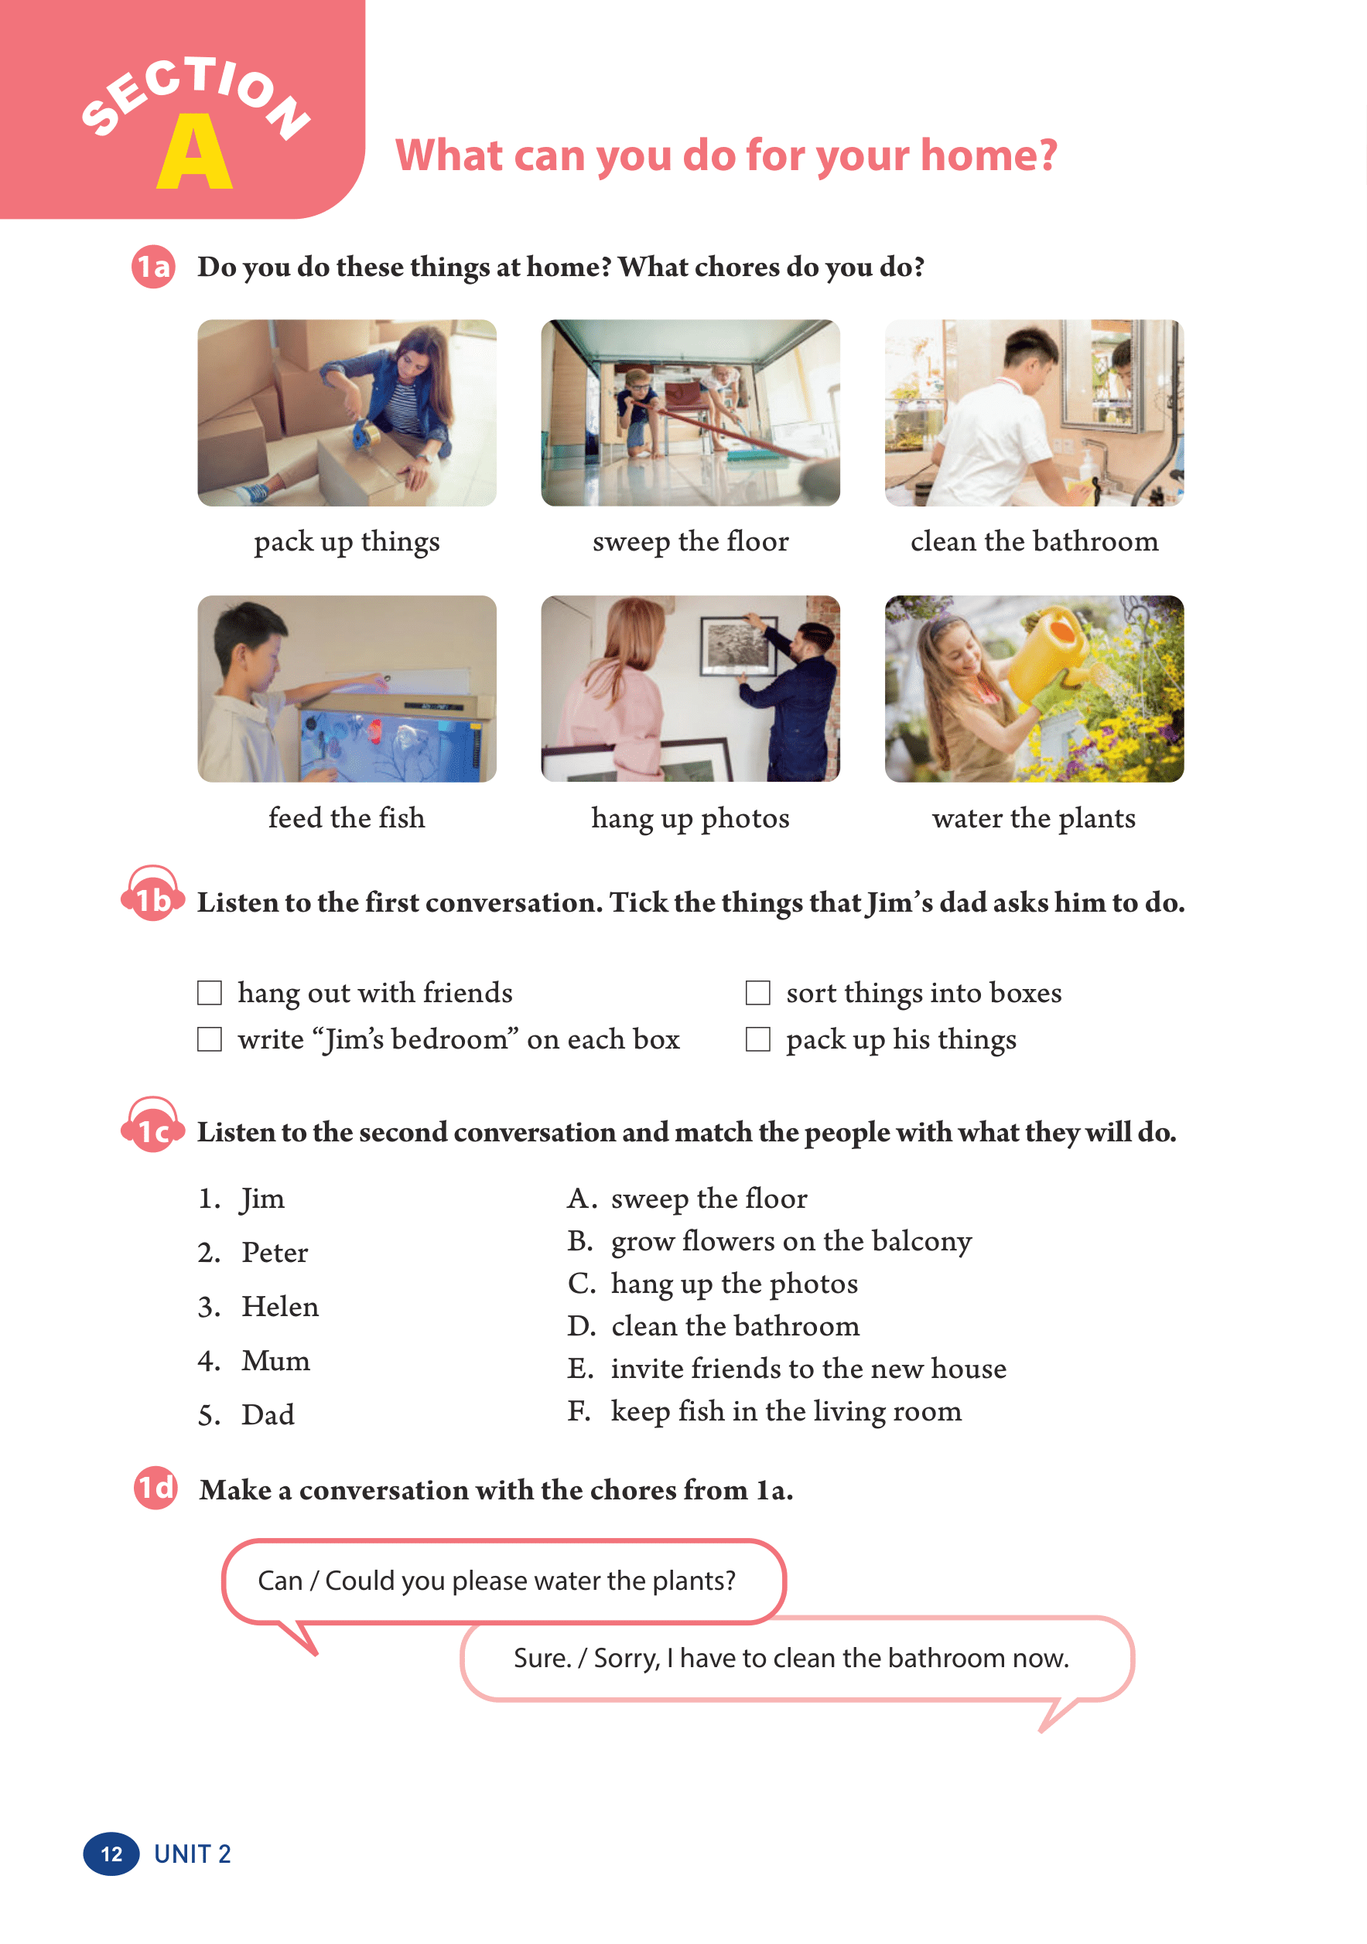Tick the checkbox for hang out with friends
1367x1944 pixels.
pos(209,992)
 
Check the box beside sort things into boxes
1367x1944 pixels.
pos(757,992)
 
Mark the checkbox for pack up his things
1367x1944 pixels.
pos(757,1039)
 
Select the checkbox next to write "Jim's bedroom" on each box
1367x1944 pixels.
pos(209,1039)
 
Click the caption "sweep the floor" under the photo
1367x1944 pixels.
pos(690,541)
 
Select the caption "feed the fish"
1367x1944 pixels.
pos(347,818)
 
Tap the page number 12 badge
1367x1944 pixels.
pos(111,1854)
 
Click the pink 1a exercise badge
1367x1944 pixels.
pos(153,267)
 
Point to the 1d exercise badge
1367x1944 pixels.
pos(155,1488)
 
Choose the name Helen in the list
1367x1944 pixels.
pos(280,1307)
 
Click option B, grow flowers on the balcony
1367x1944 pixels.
pos(770,1241)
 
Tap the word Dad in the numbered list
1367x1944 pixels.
pos(268,1415)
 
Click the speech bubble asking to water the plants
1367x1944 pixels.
pos(503,1581)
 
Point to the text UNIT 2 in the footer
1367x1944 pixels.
pos(193,1854)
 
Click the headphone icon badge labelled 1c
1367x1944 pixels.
pos(153,1127)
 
